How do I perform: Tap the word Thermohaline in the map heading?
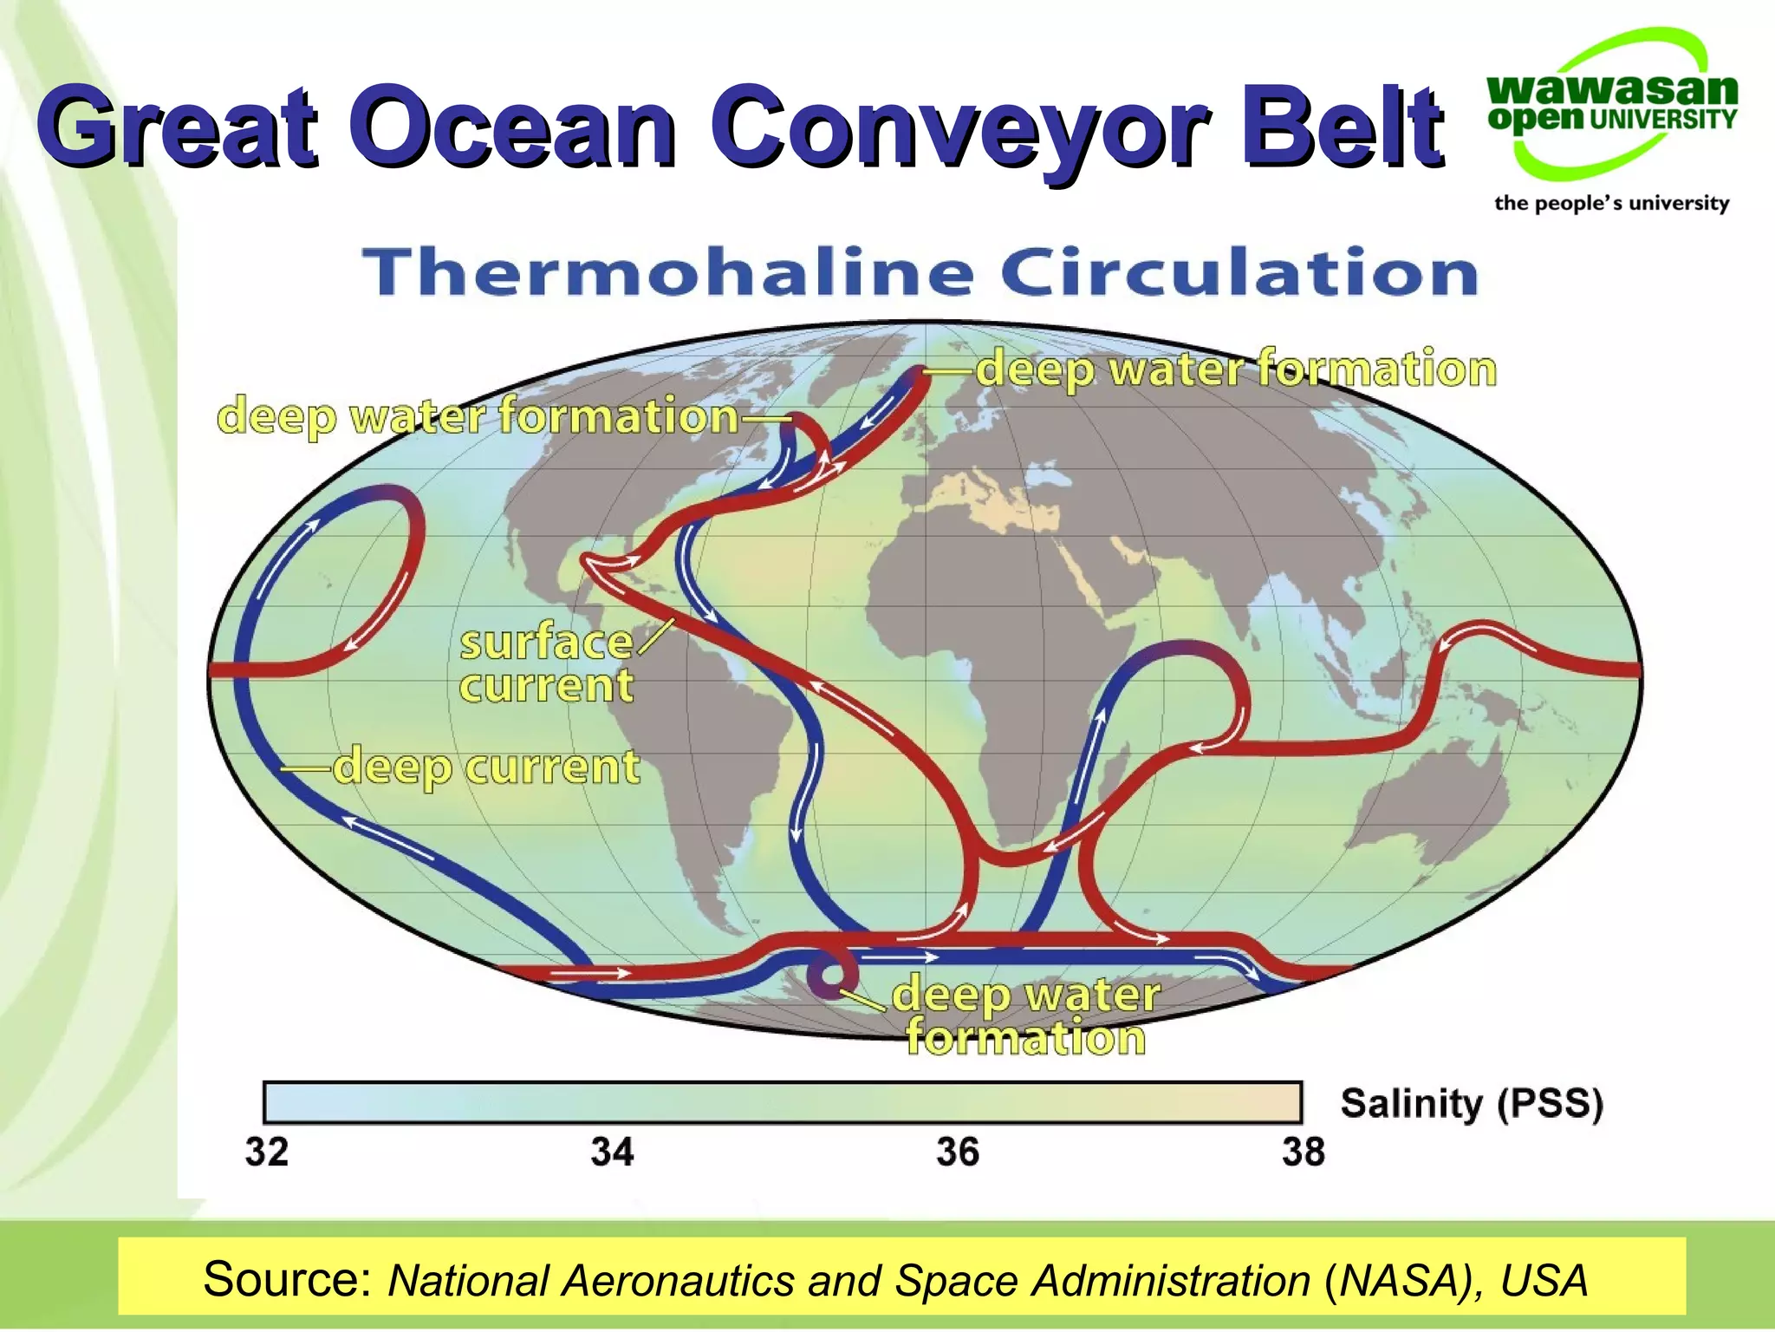tap(667, 272)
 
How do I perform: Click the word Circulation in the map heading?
tap(1239, 272)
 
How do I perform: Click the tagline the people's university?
tap(1611, 203)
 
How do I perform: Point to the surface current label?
tap(546, 664)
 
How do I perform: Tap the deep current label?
tap(485, 767)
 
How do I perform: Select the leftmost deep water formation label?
tap(477, 415)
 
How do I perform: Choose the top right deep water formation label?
tap(1236, 369)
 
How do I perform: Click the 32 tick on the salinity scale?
tap(266, 1152)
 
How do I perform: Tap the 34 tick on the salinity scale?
tap(612, 1152)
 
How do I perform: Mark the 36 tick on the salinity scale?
tap(957, 1152)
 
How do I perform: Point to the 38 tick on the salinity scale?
tap(1303, 1152)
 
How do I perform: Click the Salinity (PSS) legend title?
tap(1471, 1104)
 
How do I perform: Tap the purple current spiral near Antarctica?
tap(828, 976)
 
